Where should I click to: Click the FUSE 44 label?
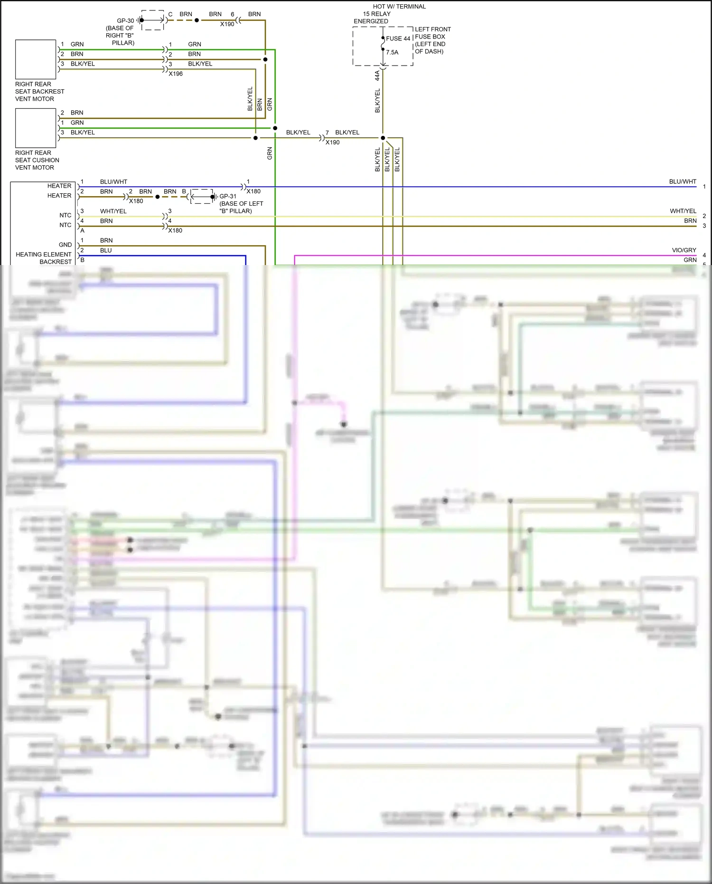pos(398,38)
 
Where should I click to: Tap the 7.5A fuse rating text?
pos(392,52)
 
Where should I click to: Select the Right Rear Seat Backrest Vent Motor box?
pos(36,59)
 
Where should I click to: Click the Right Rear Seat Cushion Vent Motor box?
pos(36,128)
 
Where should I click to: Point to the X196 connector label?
pos(176,74)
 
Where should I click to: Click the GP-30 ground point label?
pos(125,21)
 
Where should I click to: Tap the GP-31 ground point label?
pos(228,196)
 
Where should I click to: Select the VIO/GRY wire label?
pos(684,250)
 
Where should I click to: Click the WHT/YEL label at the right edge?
pos(683,211)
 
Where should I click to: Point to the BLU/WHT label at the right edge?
pos(683,181)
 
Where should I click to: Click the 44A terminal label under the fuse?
pos(377,75)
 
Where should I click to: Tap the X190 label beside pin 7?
pos(332,142)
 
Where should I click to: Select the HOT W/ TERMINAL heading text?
pos(399,7)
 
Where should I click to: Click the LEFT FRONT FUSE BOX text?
pos(432,33)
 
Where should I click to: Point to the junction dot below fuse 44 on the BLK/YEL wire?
pos(383,138)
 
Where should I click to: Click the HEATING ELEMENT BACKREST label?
pos(44,258)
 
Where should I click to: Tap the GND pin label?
pos(65,245)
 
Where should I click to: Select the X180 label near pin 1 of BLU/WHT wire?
pos(253,191)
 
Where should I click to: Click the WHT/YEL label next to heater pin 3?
pos(113,211)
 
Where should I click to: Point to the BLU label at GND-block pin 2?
pos(106,250)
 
